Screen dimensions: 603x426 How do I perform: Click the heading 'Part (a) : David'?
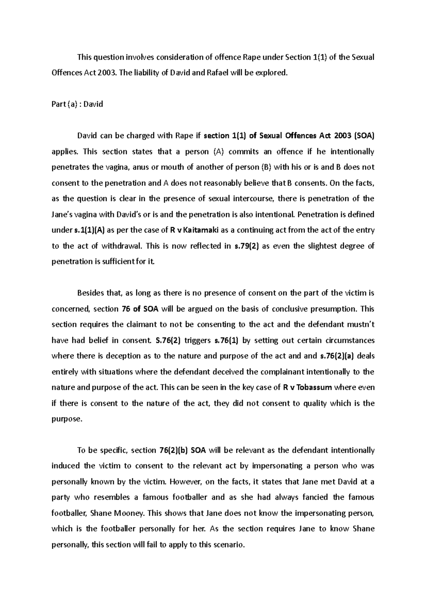pyautogui.click(x=77, y=104)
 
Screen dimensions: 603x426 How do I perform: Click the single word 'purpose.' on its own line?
pyautogui.click(x=67, y=419)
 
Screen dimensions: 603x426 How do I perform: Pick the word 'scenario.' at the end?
pyautogui.click(x=230, y=544)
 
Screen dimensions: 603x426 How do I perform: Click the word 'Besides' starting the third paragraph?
pyautogui.click(x=90, y=293)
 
